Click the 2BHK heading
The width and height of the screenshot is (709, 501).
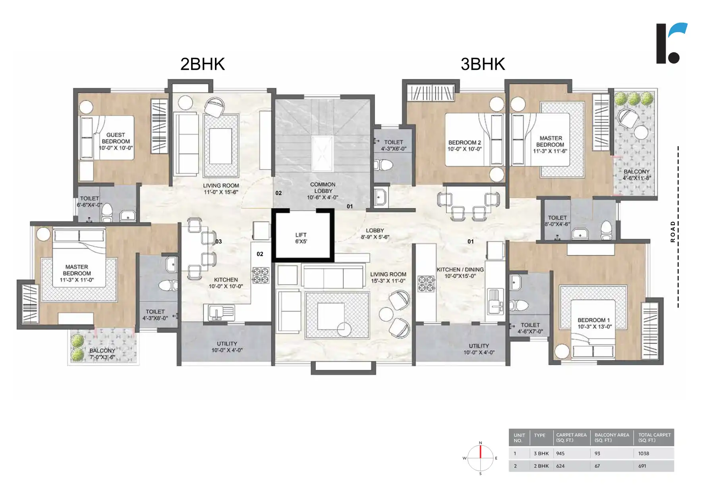pos(203,64)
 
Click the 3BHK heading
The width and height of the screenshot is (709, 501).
pos(483,64)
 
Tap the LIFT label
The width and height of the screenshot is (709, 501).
pos(301,235)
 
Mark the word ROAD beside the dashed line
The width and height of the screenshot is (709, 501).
pos(672,231)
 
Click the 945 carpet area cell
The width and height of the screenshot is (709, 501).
pos(560,453)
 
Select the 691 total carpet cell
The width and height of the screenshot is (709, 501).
pos(642,466)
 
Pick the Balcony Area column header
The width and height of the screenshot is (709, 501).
pos(612,437)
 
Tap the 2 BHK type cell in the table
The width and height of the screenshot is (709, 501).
pos(541,466)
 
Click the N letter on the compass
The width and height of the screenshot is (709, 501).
pos(481,443)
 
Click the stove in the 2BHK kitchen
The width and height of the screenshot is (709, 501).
pos(261,276)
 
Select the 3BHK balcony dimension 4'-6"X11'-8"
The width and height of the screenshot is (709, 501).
pos(637,178)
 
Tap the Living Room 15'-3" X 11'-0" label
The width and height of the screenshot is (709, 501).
pos(388,277)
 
